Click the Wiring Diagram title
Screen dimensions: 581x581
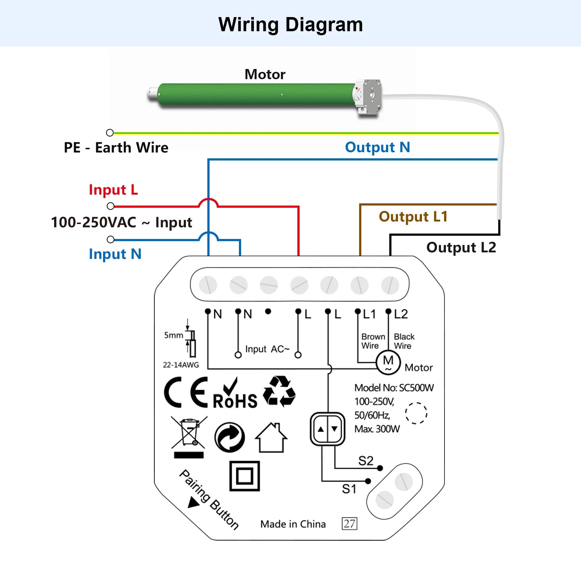(290, 25)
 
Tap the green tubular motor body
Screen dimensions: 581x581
(256, 95)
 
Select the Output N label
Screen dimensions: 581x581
(378, 147)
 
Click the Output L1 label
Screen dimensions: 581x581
(413, 217)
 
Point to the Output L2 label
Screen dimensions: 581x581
(461, 248)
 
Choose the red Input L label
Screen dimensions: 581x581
(113, 190)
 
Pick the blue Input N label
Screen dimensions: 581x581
(115, 254)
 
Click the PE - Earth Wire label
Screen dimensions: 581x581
(116, 147)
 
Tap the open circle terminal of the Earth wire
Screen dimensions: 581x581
(110, 133)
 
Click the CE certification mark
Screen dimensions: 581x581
(186, 392)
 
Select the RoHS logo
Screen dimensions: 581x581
(235, 394)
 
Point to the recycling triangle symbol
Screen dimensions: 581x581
(279, 391)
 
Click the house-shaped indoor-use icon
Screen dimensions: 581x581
(271, 438)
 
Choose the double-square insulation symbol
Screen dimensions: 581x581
(245, 476)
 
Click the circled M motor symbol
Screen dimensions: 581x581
(388, 362)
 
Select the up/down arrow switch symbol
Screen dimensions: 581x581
(328, 429)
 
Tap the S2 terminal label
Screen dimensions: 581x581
(366, 461)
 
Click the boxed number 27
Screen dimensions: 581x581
(349, 524)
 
